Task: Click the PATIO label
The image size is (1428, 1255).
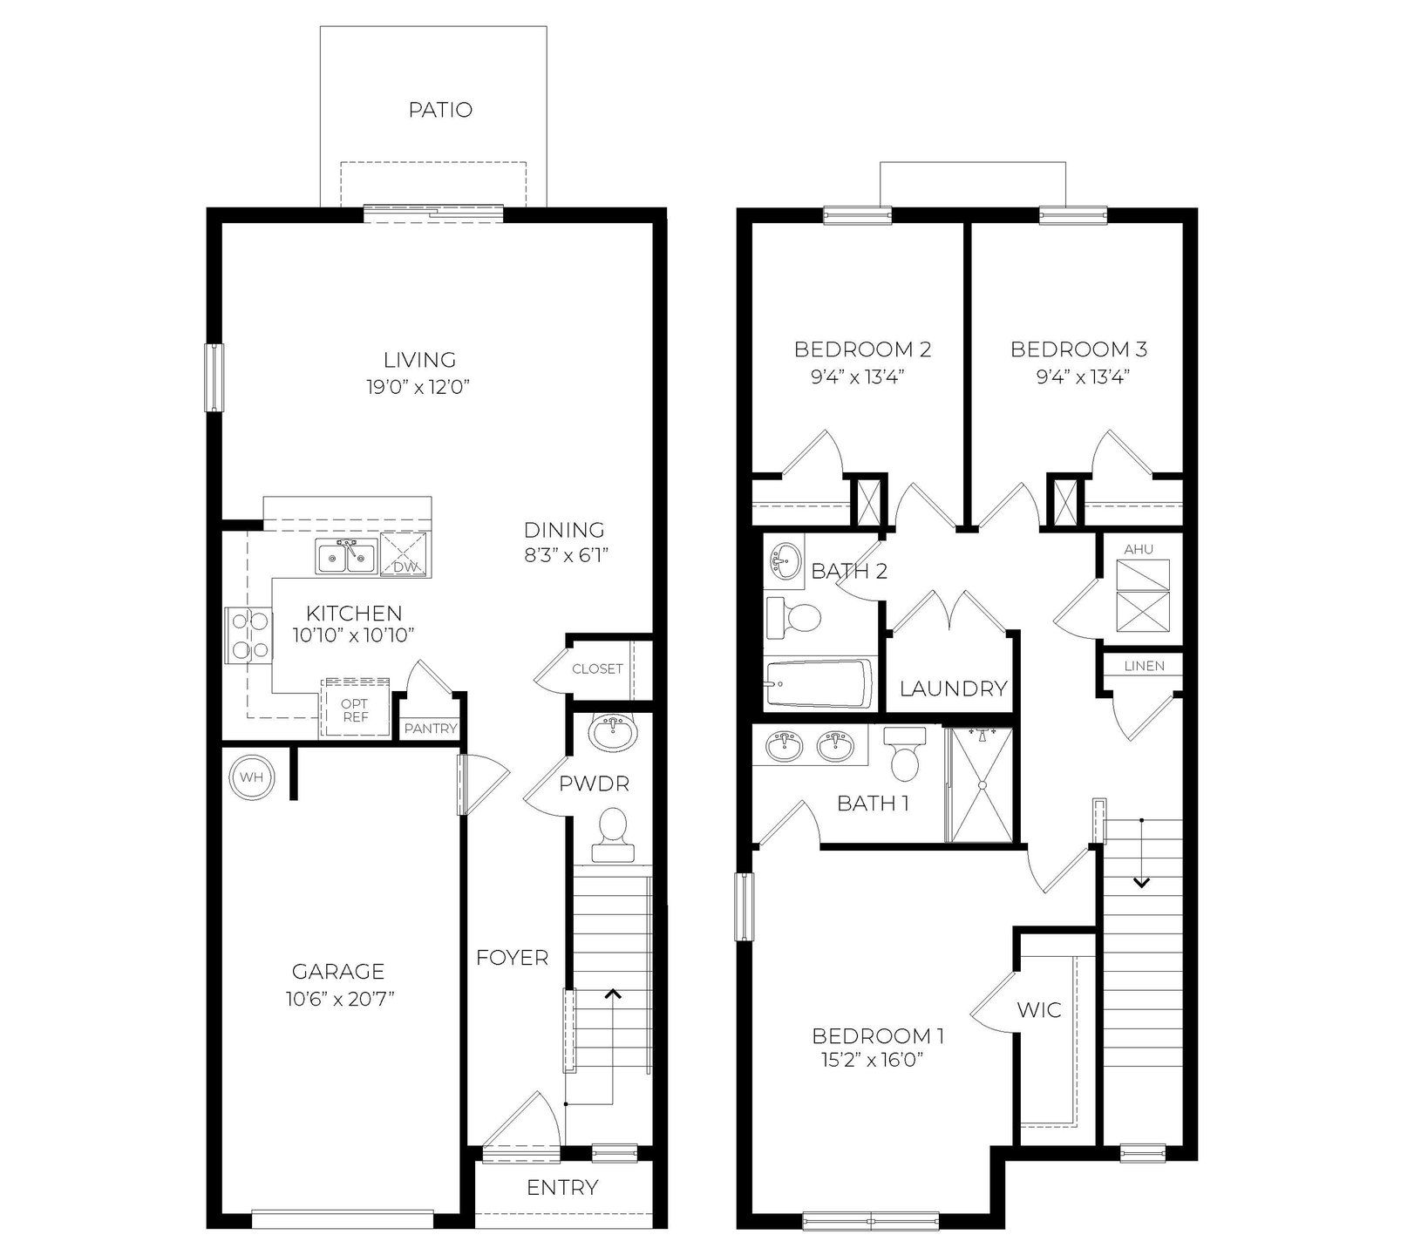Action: click(x=440, y=110)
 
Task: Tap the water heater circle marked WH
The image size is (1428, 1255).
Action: click(x=251, y=776)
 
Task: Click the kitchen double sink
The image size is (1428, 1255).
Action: click(x=346, y=556)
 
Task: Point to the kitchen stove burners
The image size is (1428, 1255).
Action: click(x=248, y=635)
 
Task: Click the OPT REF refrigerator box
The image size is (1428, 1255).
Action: click(x=354, y=709)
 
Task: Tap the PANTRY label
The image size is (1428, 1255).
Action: click(x=431, y=729)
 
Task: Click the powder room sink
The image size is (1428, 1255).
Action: click(x=614, y=733)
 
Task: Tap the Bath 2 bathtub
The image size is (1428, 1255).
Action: click(x=818, y=684)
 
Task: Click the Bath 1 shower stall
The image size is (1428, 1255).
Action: click(x=981, y=785)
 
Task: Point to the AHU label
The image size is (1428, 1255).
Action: click(x=1139, y=549)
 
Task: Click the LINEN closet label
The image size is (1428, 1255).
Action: click(x=1144, y=666)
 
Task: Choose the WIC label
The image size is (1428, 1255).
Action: click(x=1039, y=1010)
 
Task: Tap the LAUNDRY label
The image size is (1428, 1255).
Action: click(x=953, y=689)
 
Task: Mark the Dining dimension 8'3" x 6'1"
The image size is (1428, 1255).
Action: click(x=565, y=554)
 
